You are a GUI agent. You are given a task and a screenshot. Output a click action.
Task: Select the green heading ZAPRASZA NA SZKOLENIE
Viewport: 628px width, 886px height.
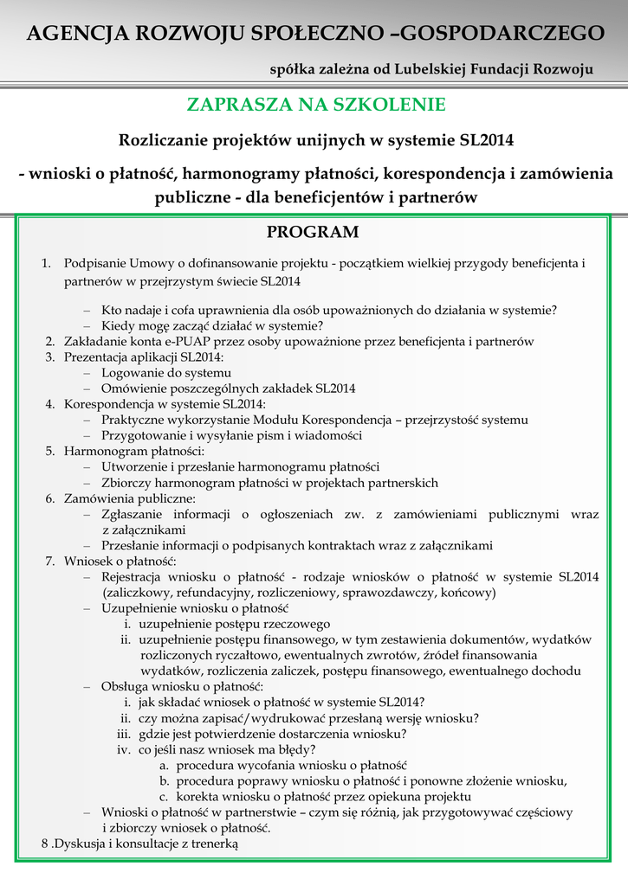coord(315,105)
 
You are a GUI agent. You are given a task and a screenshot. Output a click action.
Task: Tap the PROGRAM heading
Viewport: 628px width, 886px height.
coord(312,232)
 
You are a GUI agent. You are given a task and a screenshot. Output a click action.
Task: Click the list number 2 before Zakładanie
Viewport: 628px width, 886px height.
coord(50,342)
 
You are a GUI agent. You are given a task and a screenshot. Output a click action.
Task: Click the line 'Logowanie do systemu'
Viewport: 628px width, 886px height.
coord(166,373)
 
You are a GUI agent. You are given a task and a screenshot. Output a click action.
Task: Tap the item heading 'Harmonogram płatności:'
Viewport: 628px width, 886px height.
coord(134,451)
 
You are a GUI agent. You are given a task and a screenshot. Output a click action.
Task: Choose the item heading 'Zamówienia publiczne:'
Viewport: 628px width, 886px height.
coord(130,498)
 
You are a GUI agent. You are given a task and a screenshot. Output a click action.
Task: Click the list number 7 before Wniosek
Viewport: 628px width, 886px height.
coord(50,561)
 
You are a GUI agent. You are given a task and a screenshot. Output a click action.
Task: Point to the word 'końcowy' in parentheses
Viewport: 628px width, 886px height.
coord(467,593)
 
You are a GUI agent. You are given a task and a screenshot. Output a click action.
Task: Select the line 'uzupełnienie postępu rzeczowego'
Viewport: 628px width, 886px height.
coord(234,624)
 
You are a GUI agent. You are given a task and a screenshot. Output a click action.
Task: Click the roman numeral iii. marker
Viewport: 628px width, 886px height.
coord(123,734)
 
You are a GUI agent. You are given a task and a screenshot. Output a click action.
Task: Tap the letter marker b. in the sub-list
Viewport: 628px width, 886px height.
coord(163,780)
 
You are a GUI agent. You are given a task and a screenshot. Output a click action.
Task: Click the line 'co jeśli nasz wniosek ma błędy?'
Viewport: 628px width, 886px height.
coord(227,749)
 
